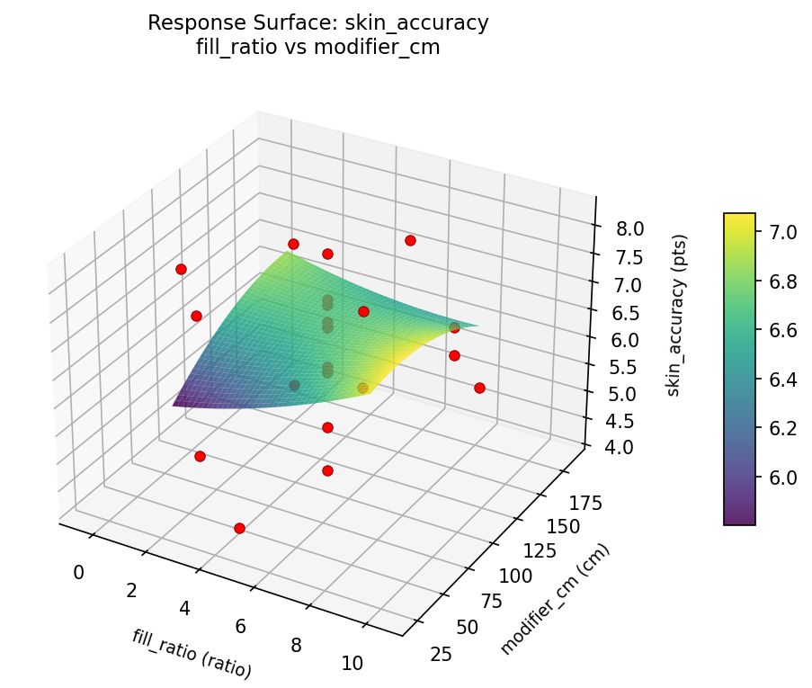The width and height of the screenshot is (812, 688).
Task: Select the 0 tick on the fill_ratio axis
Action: click(78, 572)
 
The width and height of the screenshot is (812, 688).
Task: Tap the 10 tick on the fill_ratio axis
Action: click(352, 664)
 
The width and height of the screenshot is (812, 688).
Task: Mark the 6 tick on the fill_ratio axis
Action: click(239, 626)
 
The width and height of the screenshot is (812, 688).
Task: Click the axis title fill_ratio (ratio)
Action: click(192, 654)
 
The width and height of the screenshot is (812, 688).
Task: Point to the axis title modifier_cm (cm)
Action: click(555, 600)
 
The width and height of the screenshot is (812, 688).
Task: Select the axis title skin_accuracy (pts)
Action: click(681, 315)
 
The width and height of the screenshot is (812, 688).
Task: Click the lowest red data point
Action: click(239, 528)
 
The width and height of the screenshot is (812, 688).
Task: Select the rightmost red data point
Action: click(479, 388)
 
